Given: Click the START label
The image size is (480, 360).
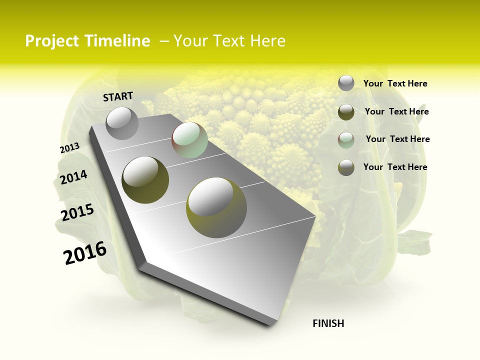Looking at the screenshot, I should tap(118, 96).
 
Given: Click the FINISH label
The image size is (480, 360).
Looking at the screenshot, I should tap(328, 323).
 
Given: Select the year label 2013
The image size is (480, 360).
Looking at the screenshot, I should tap(69, 148).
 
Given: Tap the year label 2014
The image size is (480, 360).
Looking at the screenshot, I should tap(73, 177).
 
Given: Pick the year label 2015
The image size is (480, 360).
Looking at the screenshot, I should tap(77, 212).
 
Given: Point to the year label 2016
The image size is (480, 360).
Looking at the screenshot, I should tap(84, 252).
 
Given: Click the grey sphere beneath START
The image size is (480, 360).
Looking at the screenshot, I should tap(122, 123).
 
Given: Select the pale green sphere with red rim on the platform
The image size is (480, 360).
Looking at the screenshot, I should tap(189, 140).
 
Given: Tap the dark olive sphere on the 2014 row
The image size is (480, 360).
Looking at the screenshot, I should tap(145, 179).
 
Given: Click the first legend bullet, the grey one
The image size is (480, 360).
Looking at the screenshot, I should tap(346, 83).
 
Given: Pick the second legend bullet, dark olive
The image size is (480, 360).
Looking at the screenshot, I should tap(346, 112).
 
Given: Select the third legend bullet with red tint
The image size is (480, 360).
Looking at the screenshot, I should tap(346, 139).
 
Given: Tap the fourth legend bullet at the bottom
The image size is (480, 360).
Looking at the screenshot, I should tap(346, 167).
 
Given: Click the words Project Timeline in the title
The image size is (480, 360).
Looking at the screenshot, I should tap(87, 41).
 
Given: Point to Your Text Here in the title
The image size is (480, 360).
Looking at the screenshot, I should tap(229, 41).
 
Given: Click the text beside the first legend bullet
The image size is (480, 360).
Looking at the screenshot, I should tap(395, 83).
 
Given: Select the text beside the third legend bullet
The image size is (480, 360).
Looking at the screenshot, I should tap(397, 139).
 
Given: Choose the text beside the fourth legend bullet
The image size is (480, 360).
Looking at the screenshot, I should tap(395, 167).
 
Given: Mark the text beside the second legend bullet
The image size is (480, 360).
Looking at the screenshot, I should tap(396, 111).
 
